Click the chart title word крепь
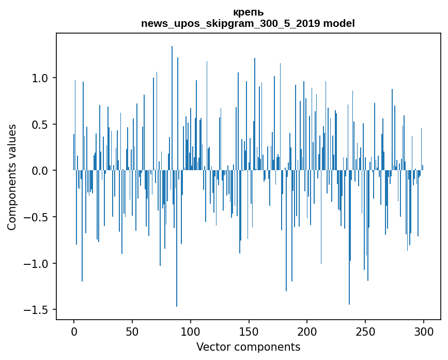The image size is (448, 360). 248,12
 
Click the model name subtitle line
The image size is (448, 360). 248,23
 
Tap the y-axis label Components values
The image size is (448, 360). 12,177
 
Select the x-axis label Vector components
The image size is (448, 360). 248,347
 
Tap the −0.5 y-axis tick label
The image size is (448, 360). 36,217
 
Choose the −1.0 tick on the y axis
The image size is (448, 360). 36,264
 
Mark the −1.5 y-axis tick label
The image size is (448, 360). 36,310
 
